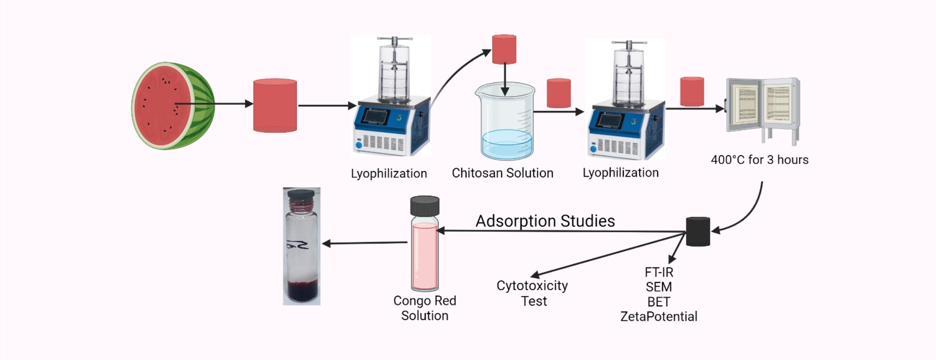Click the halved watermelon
172,106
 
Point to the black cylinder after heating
698,231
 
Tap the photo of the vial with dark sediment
302,246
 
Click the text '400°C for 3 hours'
759,160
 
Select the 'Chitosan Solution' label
502,173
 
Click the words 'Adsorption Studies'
545,221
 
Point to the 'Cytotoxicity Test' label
532,293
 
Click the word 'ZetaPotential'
659,317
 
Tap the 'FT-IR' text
659,272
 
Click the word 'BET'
658,302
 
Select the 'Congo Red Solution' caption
425,308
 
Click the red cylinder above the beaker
504,49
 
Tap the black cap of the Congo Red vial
425,205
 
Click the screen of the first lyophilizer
376,116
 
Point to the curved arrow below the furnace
748,213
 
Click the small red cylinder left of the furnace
692,91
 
